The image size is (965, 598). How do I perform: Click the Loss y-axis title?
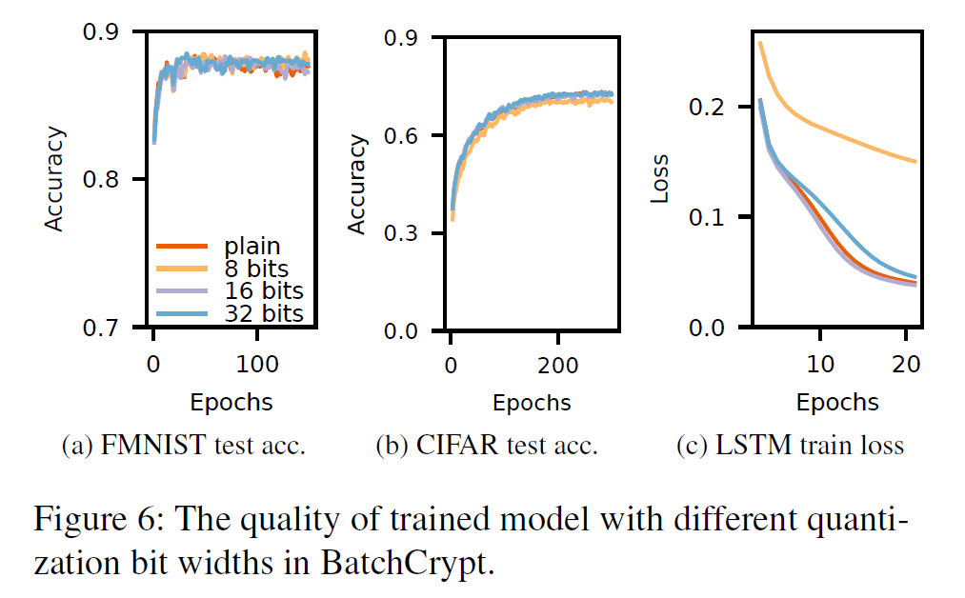tap(659, 179)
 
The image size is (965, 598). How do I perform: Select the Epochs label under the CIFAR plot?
tap(532, 402)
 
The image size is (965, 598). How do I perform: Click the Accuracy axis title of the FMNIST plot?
tap(55, 179)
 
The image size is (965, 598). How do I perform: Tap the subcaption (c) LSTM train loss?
tap(790, 446)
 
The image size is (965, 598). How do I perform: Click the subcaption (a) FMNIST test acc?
tap(182, 446)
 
